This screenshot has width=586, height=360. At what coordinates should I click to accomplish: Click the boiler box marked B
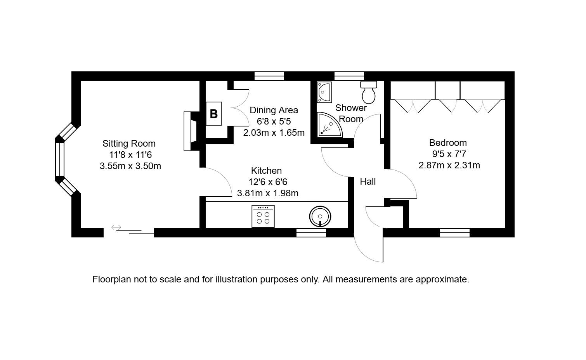point(214,114)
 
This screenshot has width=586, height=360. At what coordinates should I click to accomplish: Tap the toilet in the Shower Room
point(369,92)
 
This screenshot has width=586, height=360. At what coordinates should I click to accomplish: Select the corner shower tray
point(329,125)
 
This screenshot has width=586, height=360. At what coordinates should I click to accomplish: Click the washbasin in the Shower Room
point(324,92)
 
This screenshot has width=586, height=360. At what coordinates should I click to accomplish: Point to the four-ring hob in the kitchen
point(263,216)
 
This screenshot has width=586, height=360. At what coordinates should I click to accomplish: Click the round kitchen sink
point(320,216)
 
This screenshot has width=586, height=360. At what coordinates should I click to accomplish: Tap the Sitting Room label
point(129,143)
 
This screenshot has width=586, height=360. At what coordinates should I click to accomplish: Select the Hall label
point(368,182)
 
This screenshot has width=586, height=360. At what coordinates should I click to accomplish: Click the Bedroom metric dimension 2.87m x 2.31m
point(449,165)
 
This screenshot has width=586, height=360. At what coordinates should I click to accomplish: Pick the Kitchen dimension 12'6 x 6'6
point(268,182)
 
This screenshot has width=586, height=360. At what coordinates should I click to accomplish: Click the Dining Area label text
point(274,110)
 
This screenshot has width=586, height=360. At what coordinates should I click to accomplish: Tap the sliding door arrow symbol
point(116,227)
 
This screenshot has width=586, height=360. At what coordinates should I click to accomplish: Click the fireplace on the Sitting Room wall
point(191,131)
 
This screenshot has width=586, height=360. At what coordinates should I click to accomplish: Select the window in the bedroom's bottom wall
point(455,233)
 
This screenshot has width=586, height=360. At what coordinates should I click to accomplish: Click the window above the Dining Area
point(269,76)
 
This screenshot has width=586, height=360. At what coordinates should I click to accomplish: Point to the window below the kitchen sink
point(311,233)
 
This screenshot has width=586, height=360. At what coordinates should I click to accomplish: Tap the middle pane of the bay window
point(60,159)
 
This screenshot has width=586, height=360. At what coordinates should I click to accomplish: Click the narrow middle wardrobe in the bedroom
point(447,90)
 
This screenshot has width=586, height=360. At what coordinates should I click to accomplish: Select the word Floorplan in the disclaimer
point(111,279)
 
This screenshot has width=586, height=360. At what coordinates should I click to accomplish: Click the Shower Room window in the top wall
point(349,76)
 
